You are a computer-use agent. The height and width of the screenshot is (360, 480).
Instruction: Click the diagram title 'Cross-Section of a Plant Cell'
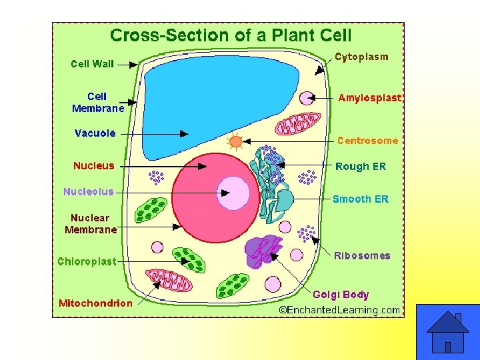click(231, 35)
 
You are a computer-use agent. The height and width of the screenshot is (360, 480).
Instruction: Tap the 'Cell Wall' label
click(93, 64)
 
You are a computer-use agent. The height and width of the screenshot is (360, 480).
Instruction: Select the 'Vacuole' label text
click(95, 133)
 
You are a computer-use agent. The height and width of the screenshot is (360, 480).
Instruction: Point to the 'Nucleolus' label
click(89, 191)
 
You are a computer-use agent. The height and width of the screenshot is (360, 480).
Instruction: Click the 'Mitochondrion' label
click(95, 303)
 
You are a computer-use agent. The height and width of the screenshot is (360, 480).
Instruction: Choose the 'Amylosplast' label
click(370, 98)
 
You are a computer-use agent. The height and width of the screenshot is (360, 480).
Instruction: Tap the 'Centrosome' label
click(367, 141)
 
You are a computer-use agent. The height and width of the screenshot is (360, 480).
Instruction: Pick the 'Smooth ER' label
click(360, 199)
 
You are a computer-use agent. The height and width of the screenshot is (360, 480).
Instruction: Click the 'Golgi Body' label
click(341, 294)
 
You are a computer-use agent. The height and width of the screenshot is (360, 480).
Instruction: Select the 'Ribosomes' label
click(362, 255)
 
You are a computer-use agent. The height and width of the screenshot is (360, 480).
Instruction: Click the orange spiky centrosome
click(235, 141)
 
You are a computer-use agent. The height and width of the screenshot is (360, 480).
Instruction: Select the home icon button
click(447, 332)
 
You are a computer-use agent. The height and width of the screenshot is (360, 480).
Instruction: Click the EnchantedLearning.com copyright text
click(339, 309)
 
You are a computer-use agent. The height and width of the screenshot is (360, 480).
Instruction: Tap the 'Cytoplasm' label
click(361, 57)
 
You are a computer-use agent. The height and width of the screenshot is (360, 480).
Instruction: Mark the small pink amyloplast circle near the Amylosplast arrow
click(307, 99)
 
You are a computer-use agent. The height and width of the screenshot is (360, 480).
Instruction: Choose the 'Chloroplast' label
click(87, 261)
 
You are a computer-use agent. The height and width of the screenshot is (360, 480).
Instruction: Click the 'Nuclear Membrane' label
click(91, 223)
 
